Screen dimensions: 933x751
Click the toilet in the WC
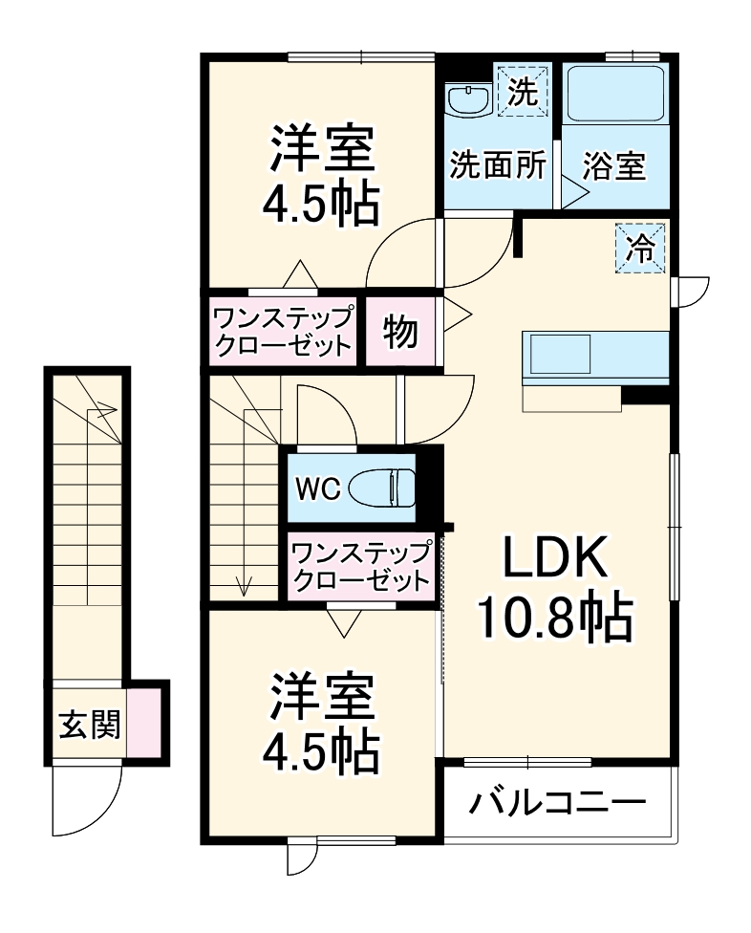pos(382,489)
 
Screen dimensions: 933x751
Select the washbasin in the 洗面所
pos(468,98)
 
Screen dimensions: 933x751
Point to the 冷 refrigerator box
pos(640,249)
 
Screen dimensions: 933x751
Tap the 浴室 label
pos(614,167)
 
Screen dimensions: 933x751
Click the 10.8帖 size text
pos(554,621)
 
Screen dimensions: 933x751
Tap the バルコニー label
pos(557,802)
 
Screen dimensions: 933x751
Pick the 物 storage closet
pos(401,331)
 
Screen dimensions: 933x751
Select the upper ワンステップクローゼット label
pos(282,331)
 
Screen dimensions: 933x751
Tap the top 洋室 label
pos(321,175)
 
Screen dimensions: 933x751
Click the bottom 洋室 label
pos(321,725)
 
